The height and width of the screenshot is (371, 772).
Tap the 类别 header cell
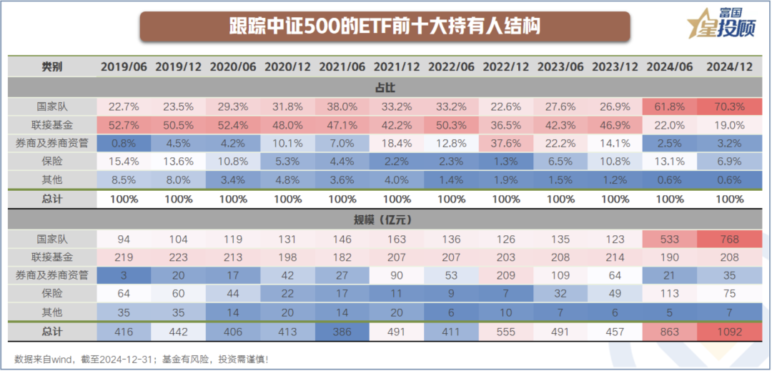coord(52,66)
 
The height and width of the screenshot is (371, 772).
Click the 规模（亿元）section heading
coord(385,219)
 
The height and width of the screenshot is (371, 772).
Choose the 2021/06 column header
coord(342,66)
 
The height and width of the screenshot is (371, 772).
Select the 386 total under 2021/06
coord(342,332)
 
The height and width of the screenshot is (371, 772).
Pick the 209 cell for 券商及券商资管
coord(506,276)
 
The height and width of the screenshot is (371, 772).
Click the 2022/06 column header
coord(451,66)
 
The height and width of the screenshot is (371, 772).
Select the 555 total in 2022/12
coord(506,332)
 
